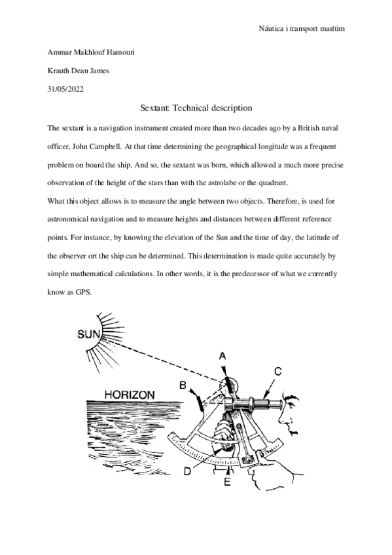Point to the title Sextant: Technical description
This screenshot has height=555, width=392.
click(196, 107)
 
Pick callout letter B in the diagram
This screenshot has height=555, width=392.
click(184, 383)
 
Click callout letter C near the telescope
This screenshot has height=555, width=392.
click(277, 371)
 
